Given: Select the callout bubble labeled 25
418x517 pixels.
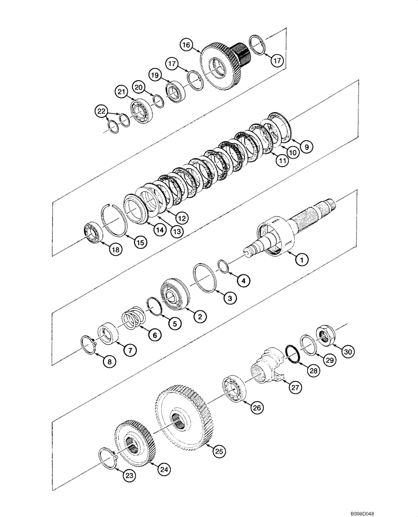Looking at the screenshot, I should [219, 451].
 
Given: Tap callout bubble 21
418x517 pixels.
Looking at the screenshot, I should [121, 92].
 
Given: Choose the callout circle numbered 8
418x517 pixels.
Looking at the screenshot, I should [108, 362].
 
